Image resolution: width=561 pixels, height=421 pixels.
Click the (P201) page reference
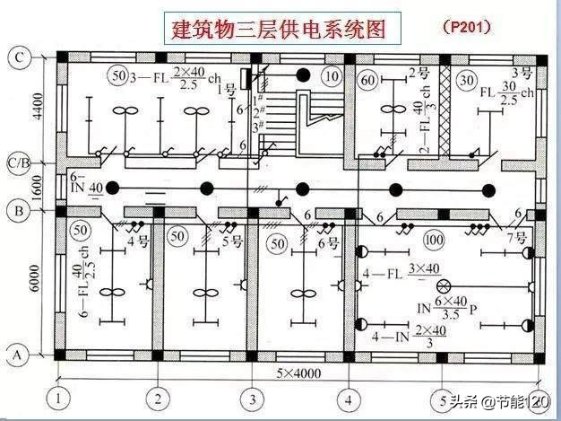[x=466, y=27]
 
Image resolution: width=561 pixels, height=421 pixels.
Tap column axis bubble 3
[x=254, y=395]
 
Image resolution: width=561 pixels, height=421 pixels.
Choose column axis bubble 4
[x=350, y=395]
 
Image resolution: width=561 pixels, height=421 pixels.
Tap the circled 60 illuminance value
[x=367, y=81]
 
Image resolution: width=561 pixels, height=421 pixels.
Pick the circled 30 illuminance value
[x=465, y=81]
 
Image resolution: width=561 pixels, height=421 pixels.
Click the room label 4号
[x=137, y=241]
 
